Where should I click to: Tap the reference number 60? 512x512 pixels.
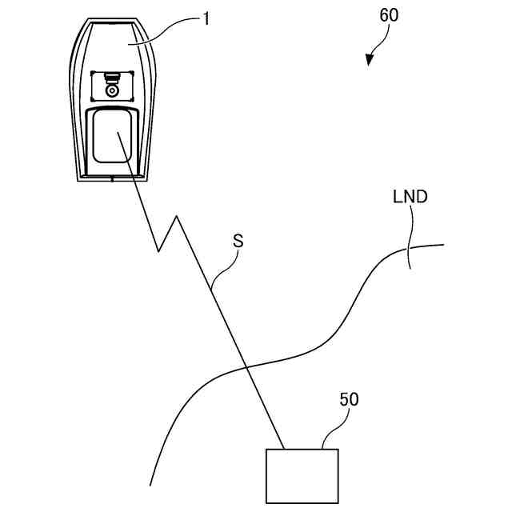[x=387, y=15]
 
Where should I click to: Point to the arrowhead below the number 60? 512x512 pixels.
[x=370, y=59]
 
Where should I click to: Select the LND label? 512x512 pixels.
[x=410, y=196]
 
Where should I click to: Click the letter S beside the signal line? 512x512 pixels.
[x=238, y=240]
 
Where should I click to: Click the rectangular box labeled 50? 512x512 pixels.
[x=302, y=476]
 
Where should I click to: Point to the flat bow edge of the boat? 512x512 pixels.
[x=111, y=23]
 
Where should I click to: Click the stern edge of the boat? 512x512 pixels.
[x=111, y=178]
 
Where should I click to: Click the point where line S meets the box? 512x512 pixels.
[x=285, y=449]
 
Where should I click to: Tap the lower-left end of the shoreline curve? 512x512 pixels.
[x=151, y=485]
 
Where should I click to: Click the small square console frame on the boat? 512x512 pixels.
[x=112, y=85]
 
